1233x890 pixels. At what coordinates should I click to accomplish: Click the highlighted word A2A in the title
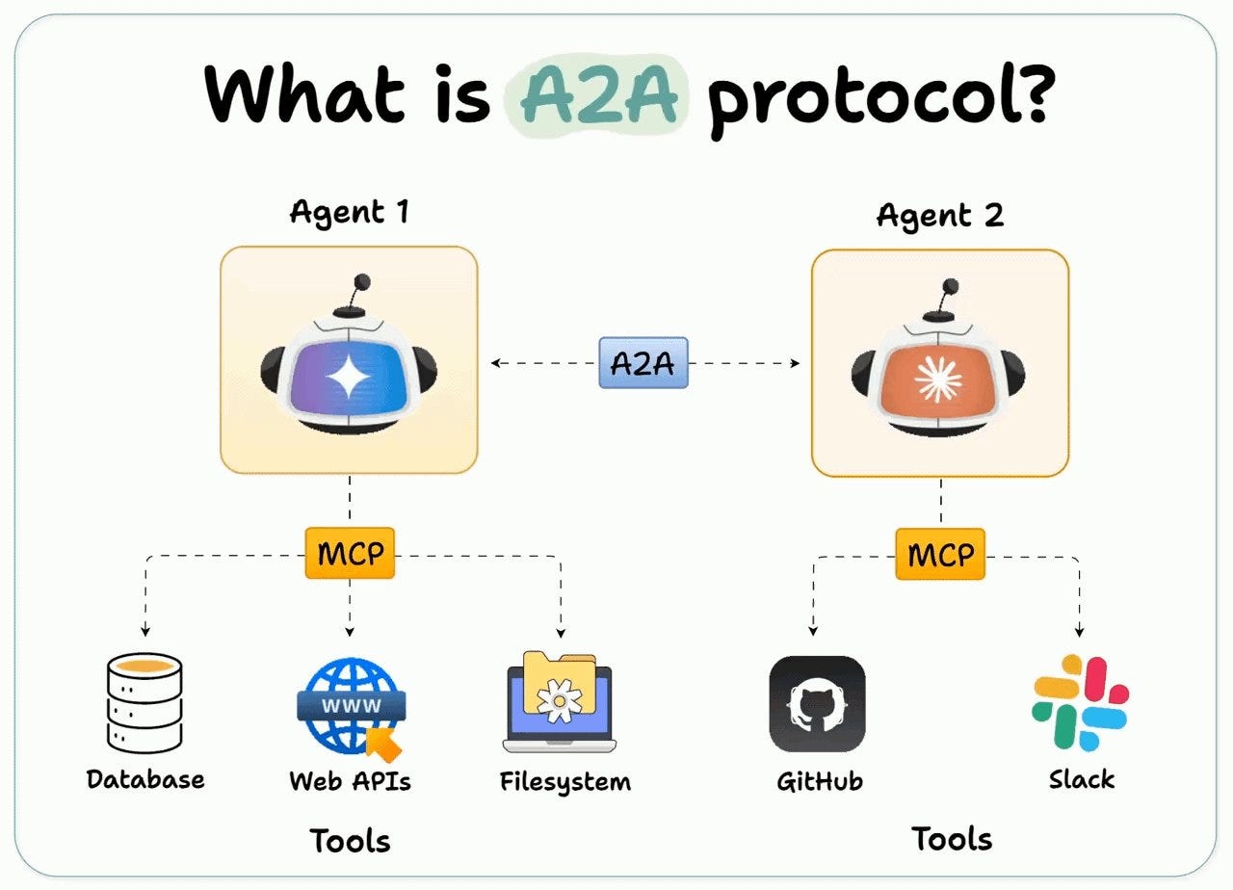point(598,95)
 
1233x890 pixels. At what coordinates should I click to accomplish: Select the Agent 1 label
point(349,212)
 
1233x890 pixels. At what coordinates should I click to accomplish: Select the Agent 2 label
point(939,215)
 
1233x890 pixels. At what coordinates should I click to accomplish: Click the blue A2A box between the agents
point(643,362)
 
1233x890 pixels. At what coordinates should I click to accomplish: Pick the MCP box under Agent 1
point(350,554)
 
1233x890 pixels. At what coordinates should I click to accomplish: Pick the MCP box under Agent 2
point(940,554)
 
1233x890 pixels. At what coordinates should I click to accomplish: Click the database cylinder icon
point(144,702)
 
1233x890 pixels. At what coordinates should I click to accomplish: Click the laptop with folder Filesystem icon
point(559,702)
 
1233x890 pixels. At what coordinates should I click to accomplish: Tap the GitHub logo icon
point(817,704)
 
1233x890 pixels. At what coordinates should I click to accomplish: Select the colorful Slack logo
point(1080,702)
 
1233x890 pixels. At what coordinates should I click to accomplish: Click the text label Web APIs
point(350,780)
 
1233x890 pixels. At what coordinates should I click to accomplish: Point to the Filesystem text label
point(565,780)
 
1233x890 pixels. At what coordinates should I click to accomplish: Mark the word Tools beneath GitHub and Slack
point(952,839)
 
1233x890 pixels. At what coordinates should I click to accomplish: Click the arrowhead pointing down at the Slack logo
point(1079,631)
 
